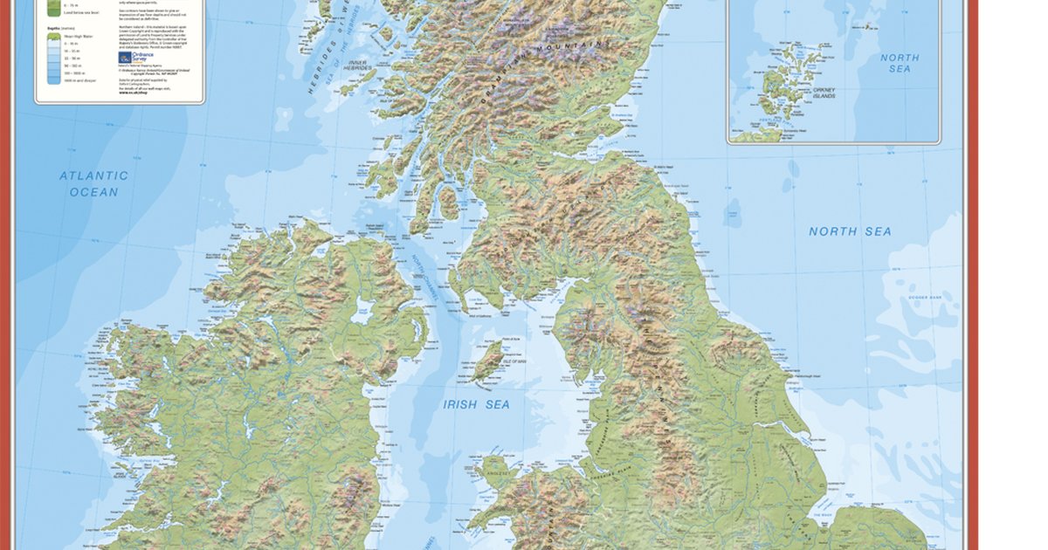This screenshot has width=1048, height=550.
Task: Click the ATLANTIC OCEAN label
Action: pyautogui.click(x=93, y=183)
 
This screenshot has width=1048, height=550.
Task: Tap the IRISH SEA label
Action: pyautogui.click(x=476, y=404)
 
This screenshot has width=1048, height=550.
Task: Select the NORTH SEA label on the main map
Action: pyautogui.click(x=850, y=231)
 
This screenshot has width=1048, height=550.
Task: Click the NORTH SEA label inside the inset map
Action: pyautogui.click(x=900, y=63)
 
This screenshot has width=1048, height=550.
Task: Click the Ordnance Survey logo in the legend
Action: pyautogui.click(x=125, y=58)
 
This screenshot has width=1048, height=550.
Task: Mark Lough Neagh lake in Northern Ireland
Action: pyautogui.click(x=363, y=310)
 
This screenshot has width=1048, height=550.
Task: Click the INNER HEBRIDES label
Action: pyautogui.click(x=357, y=69)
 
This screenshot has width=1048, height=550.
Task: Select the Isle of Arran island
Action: pyautogui.click(x=448, y=203)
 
